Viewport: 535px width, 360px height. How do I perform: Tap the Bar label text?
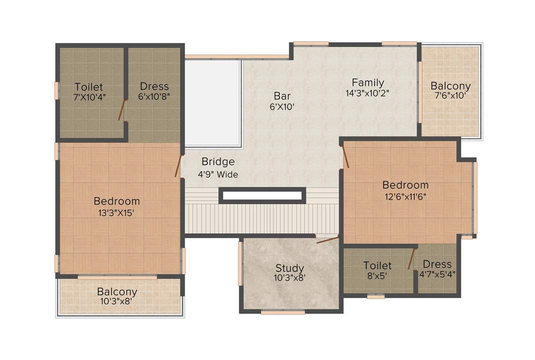click(282, 95)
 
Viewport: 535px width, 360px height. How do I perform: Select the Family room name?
click(368, 82)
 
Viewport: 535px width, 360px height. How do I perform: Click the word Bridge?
click(218, 162)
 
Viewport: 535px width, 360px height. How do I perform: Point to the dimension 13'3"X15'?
click(117, 212)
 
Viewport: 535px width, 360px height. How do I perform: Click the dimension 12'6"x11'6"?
click(405, 196)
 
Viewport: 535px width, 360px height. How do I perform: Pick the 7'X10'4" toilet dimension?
click(89, 97)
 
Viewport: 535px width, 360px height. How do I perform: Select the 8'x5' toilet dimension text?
click(377, 275)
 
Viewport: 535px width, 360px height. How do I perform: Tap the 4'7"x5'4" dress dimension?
click(437, 274)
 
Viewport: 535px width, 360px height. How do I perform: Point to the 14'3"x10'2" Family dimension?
click(367, 93)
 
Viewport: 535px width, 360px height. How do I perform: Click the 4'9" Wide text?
click(218, 174)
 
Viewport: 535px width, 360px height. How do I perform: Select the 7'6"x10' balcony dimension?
click(451, 96)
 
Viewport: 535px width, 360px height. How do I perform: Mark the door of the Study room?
click(327, 240)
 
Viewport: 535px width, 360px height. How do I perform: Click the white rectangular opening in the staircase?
click(263, 195)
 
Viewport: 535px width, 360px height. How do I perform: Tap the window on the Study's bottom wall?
click(282, 313)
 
